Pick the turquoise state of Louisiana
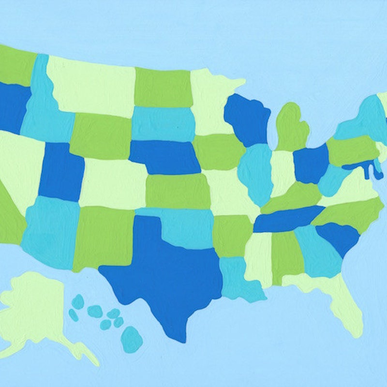(x=237, y=276)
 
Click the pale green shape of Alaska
(x=34, y=310)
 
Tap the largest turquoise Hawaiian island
(x=131, y=339)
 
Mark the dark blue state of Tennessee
(x=288, y=219)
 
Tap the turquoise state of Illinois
(x=256, y=172)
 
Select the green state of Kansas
(x=177, y=191)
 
